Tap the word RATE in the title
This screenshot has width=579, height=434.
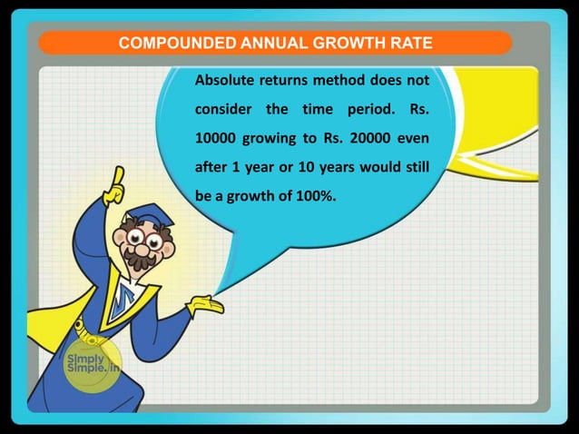pyautogui.click(x=409, y=44)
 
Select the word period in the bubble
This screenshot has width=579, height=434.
pyautogui.click(x=358, y=111)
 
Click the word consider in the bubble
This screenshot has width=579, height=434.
pyautogui.click(x=222, y=111)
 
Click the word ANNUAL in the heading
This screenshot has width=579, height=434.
pyautogui.click(x=278, y=44)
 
